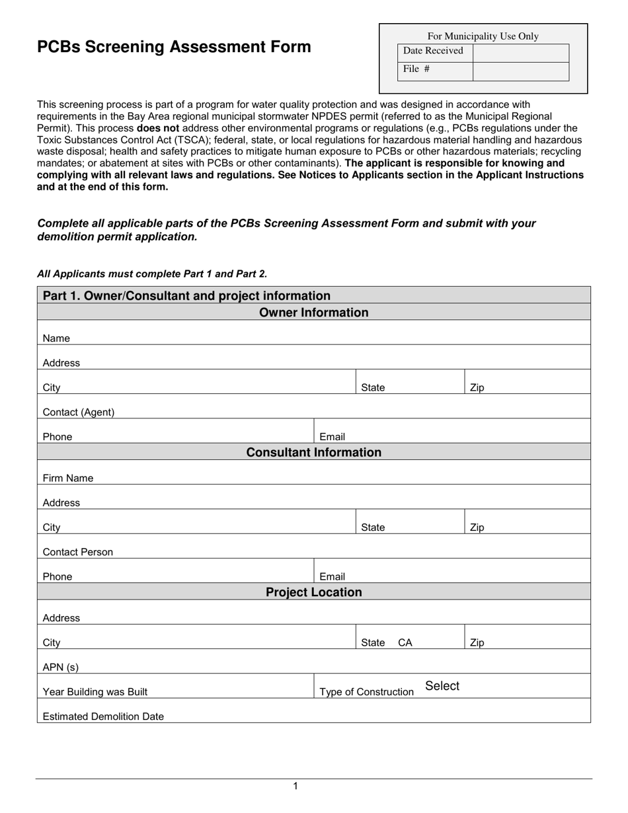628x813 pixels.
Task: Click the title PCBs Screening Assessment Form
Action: click(174, 47)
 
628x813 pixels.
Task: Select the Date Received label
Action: click(433, 51)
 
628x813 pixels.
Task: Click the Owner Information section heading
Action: click(313, 312)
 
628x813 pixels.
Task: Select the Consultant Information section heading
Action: click(313, 452)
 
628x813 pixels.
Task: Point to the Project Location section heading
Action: click(313, 592)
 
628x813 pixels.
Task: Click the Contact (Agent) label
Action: click(78, 412)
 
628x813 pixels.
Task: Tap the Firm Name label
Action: click(67, 478)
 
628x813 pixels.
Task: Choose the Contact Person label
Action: click(77, 552)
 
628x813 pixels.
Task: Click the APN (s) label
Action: click(60, 668)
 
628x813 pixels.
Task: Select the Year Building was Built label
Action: click(95, 692)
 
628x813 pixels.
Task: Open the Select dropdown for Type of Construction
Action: click(442, 686)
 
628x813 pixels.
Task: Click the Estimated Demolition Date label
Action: click(103, 716)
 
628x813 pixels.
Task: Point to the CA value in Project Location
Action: click(405, 642)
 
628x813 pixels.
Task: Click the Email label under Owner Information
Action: click(332, 437)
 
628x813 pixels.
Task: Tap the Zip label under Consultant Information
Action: click(477, 527)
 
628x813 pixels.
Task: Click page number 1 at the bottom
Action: click(295, 786)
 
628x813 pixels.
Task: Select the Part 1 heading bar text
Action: click(186, 295)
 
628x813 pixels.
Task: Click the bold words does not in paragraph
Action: click(157, 128)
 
